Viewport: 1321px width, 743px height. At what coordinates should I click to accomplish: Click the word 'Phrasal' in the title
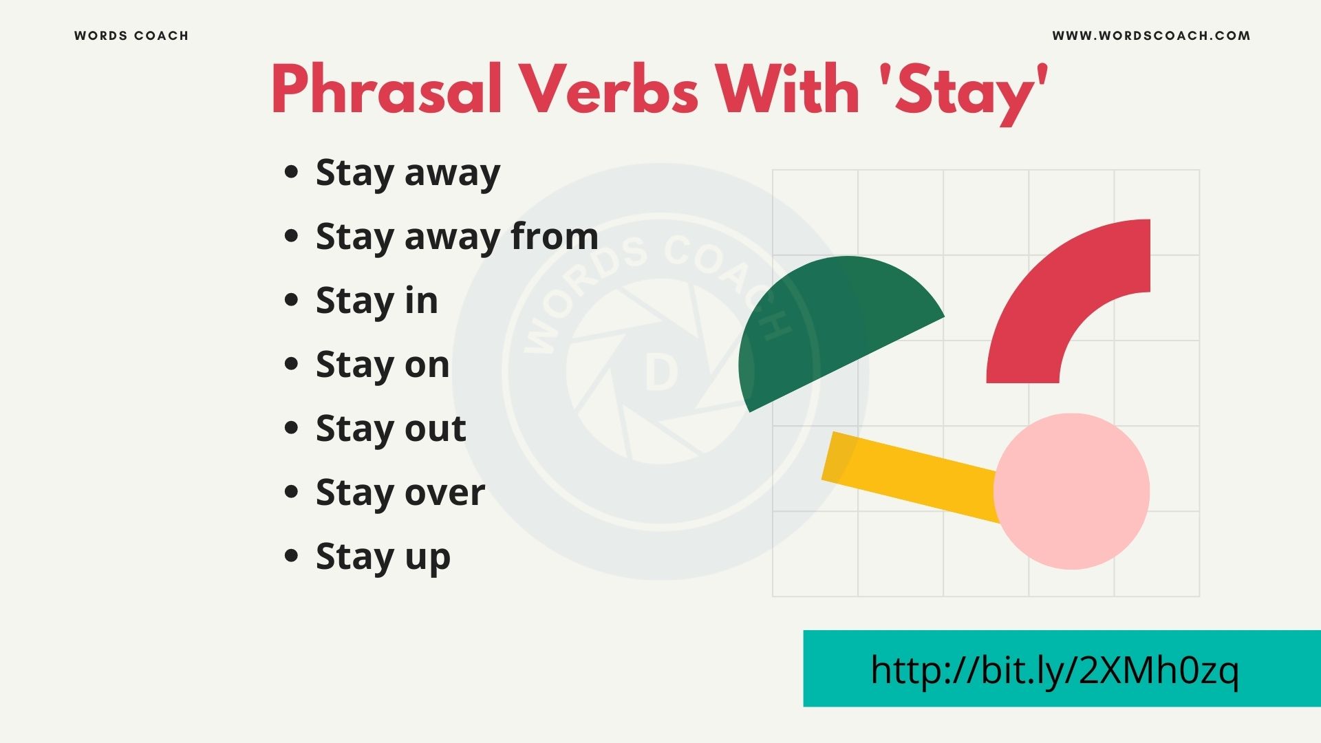(x=387, y=89)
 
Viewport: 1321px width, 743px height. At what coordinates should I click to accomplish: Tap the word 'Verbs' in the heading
(x=609, y=89)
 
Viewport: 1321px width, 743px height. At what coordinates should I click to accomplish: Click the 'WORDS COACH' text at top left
(x=131, y=36)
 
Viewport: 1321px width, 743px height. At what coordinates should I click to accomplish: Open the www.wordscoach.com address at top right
(x=1151, y=36)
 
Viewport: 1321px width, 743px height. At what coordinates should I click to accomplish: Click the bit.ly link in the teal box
(x=1055, y=669)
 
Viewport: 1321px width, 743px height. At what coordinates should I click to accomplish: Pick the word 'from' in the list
(x=555, y=236)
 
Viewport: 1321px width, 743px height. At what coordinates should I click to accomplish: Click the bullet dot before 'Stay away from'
(x=292, y=236)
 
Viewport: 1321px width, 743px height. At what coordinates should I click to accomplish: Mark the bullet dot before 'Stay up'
(x=292, y=555)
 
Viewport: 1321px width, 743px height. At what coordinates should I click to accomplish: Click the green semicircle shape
(x=826, y=323)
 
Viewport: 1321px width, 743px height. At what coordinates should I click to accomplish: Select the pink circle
(x=1072, y=491)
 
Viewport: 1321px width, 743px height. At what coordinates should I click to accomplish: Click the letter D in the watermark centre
(x=661, y=374)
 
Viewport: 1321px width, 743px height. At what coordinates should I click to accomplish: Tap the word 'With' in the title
(x=787, y=89)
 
